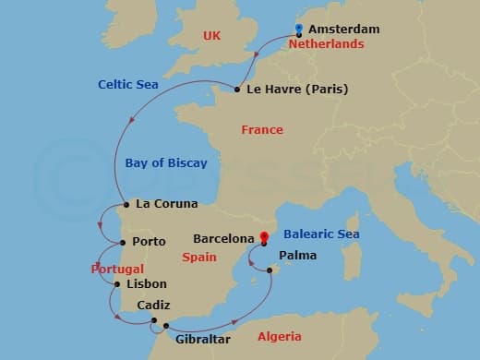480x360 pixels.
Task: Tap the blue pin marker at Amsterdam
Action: coord(298,28)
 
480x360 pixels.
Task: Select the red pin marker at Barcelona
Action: coord(263,236)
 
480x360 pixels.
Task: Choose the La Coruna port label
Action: coord(167,203)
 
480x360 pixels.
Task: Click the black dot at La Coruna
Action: coord(125,204)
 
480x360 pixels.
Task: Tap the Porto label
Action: coord(149,242)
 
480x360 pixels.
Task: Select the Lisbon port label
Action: coord(146,284)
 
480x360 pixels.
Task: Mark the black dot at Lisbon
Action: coord(116,284)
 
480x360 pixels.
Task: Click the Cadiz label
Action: coord(152,306)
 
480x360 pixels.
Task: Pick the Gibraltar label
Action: coord(202,339)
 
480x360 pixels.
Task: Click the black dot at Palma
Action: coord(270,270)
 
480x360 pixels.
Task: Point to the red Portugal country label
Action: coord(117,269)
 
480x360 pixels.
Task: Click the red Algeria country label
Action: coord(279,336)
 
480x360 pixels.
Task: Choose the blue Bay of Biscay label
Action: coord(166,163)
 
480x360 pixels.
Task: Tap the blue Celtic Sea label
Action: coord(128,85)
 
